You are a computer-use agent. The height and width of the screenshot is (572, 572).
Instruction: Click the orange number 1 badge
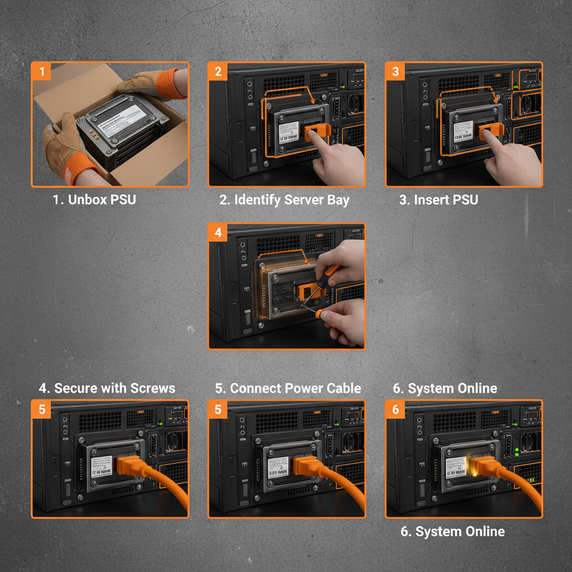[x=41, y=71]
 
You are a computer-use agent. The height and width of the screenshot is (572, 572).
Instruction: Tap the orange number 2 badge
[x=218, y=71]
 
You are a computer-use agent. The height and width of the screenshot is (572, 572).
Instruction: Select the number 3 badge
[x=395, y=71]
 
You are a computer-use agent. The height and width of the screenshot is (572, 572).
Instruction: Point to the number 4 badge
[x=218, y=232]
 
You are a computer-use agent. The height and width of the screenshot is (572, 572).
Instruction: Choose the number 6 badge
[x=395, y=409]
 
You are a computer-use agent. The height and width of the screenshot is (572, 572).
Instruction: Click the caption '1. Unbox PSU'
[x=94, y=200]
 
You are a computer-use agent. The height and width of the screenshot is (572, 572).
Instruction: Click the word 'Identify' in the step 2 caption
[x=258, y=200]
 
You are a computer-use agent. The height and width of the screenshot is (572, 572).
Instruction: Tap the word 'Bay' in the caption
[x=337, y=200]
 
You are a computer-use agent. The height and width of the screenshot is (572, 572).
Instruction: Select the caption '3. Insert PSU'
[x=438, y=200]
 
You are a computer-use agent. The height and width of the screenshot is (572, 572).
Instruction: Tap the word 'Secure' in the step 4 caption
[x=76, y=388]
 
